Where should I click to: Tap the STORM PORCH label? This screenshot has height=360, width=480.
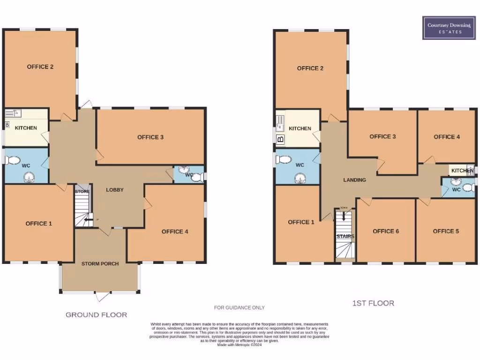point(100,264)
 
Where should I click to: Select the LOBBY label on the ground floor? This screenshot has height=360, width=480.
point(115,190)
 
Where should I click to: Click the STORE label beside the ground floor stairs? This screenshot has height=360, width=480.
point(82,192)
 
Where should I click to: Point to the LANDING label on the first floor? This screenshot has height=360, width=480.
point(354,180)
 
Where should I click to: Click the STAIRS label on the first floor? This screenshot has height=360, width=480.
point(345,237)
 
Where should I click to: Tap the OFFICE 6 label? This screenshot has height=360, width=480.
point(386,231)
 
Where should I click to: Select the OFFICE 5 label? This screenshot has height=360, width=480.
point(446,231)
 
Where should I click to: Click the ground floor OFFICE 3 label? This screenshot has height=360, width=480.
point(150,137)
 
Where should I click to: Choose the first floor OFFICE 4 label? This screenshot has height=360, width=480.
point(447,137)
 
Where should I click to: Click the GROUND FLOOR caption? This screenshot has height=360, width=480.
point(96,315)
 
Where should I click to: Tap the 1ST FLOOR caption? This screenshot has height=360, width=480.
point(373,303)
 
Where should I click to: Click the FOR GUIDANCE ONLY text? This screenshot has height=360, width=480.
point(240,307)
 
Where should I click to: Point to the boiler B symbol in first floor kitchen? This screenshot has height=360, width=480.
point(280,139)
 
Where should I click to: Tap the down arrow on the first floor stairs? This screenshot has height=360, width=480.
point(344,216)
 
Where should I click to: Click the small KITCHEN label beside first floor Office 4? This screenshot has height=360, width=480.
point(462,171)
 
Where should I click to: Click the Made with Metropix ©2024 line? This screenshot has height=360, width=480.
point(240,345)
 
